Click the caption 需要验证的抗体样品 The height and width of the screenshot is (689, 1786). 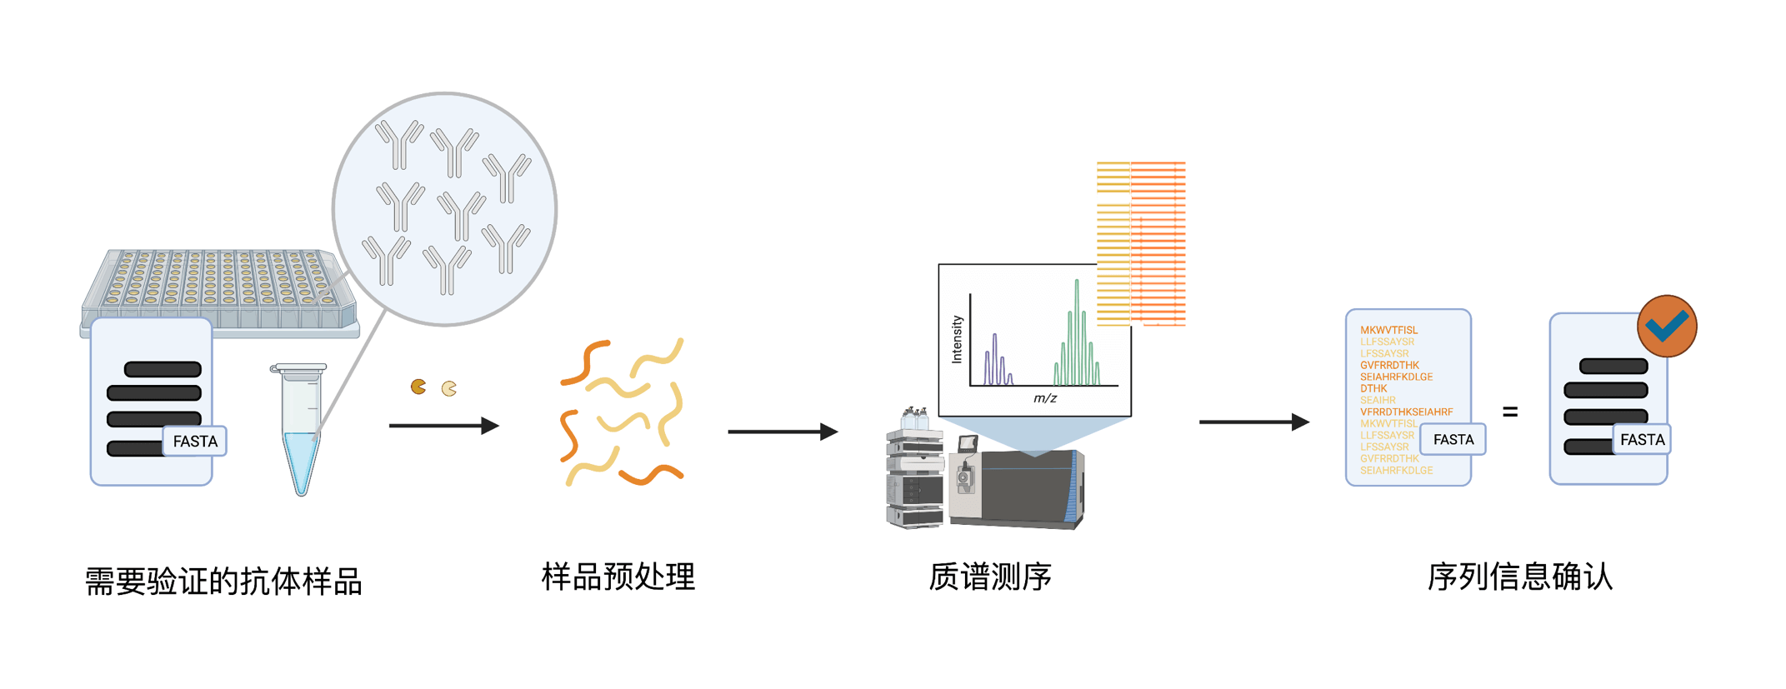[223, 582]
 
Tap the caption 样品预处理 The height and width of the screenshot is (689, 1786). [618, 577]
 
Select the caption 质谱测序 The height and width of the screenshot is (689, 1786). [990, 577]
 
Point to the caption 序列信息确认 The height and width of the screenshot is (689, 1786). [1520, 577]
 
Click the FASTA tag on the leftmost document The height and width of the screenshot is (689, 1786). [195, 442]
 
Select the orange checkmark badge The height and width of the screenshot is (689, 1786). [1667, 326]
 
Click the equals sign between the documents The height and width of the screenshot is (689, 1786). [1510, 412]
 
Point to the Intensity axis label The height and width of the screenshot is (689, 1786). [957, 339]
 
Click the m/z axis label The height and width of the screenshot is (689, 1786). [1045, 398]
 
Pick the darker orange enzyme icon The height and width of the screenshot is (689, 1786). [418, 387]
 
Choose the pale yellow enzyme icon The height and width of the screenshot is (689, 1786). [449, 388]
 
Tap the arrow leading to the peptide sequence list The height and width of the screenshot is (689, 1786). [1253, 422]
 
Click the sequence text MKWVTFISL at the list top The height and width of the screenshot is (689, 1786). [1388, 330]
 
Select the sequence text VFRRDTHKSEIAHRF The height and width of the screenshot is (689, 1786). [1406, 412]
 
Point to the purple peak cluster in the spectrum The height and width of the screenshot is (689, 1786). [997, 362]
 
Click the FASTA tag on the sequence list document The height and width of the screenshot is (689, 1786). [1453, 440]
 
